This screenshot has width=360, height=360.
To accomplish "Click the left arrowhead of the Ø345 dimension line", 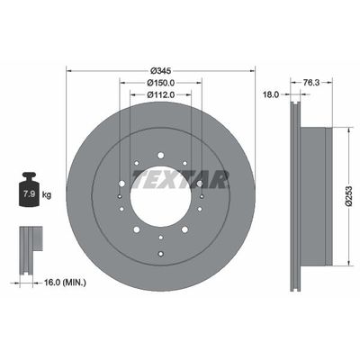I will pyautogui.click(x=69, y=71).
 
